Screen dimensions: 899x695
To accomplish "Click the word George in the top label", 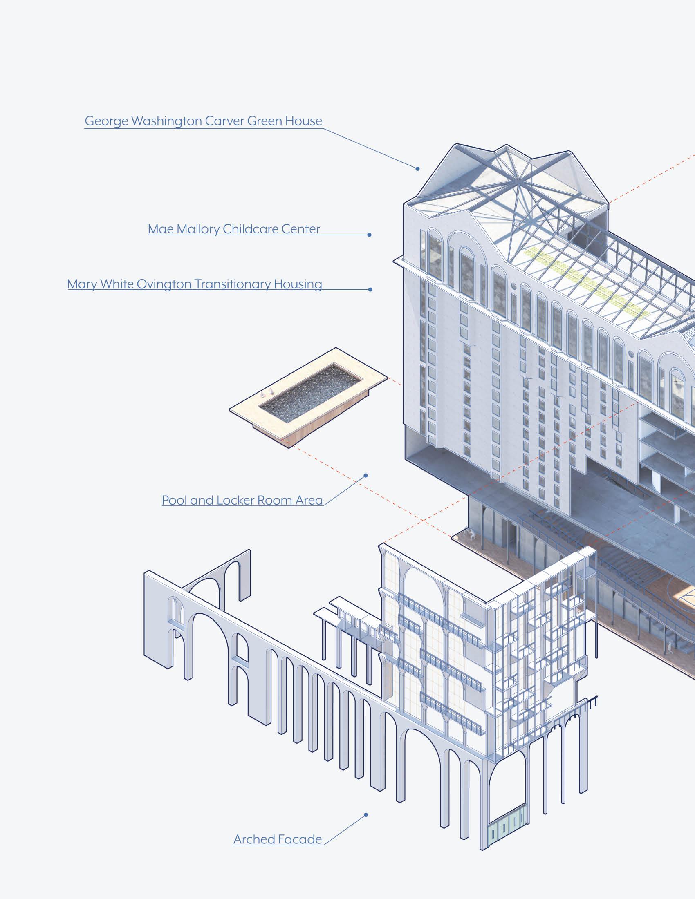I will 103,121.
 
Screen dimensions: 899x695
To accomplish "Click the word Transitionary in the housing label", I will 232,284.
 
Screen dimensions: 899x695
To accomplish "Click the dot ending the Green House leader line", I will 417,169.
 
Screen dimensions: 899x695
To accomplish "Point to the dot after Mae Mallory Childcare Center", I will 369,235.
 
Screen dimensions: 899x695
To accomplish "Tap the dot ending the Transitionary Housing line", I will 370,289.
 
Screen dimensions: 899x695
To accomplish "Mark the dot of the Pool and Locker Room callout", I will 365,475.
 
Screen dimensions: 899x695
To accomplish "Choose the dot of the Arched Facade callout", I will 365,814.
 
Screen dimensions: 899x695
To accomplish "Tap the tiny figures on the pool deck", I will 268,393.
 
